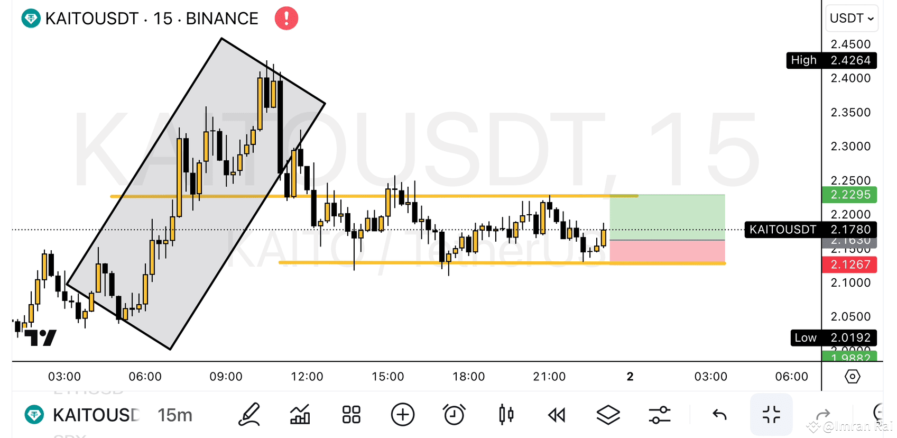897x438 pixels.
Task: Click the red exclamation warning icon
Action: pyautogui.click(x=286, y=19)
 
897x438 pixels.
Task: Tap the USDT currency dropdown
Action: pyautogui.click(x=851, y=19)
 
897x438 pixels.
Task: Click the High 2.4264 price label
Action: pyautogui.click(x=831, y=60)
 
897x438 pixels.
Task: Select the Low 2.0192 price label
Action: pyautogui.click(x=833, y=337)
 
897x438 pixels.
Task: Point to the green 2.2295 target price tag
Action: pyautogui.click(x=849, y=195)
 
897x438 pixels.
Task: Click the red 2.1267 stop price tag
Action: pyautogui.click(x=849, y=264)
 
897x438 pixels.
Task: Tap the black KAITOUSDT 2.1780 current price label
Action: pyautogui.click(x=810, y=230)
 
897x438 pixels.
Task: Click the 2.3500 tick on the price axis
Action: pyautogui.click(x=850, y=112)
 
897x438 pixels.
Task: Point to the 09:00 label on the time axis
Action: pyautogui.click(x=226, y=377)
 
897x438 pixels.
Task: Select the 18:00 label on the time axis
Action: pyautogui.click(x=468, y=377)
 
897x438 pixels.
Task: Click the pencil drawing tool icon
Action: pyautogui.click(x=249, y=415)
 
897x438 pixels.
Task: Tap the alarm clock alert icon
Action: pyautogui.click(x=454, y=415)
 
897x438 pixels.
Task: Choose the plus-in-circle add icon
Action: pyautogui.click(x=403, y=415)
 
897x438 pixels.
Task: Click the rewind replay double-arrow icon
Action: pyautogui.click(x=557, y=415)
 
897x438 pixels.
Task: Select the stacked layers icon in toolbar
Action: pyautogui.click(x=608, y=415)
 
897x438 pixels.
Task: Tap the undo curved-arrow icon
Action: pyautogui.click(x=719, y=415)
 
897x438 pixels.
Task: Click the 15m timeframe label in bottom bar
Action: pyautogui.click(x=175, y=415)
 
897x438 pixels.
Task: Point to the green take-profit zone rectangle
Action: pyautogui.click(x=667, y=217)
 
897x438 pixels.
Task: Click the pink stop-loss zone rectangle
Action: pyautogui.click(x=667, y=251)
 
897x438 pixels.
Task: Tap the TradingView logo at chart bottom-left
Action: pyautogui.click(x=41, y=337)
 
